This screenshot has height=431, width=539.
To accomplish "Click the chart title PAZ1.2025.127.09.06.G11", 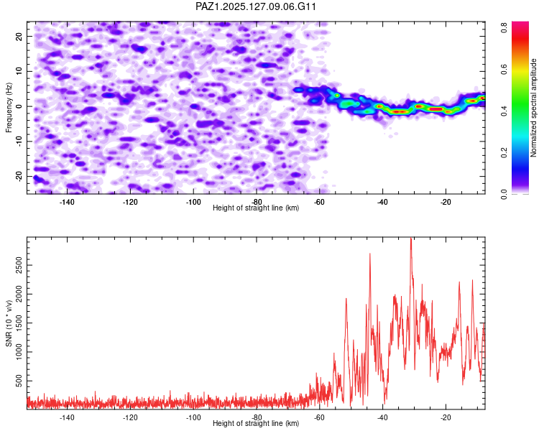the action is tap(255, 6).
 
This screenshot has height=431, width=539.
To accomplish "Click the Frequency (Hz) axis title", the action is tap(9, 108).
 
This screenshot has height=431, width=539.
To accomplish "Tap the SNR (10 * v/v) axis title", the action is tap(9, 323).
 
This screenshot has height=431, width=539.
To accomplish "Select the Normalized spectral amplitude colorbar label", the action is tap(533, 108).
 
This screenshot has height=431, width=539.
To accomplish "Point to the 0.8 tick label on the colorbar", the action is tap(505, 27).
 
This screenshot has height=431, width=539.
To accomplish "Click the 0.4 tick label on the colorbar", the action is tap(505, 111).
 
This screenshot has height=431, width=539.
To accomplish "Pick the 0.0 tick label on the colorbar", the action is tap(505, 195).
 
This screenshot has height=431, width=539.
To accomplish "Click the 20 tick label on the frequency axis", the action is tap(19, 36).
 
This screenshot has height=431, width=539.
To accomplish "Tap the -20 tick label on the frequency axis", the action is tap(19, 177).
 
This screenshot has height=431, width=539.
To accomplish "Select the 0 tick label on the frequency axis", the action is tap(19, 106).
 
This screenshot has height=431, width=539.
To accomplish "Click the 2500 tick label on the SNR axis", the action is tap(19, 265).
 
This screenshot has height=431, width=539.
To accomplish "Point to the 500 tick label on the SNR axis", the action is tap(19, 381).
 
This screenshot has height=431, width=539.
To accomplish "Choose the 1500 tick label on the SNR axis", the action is tap(19, 323).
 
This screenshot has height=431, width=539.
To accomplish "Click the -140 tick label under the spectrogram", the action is tap(67, 202).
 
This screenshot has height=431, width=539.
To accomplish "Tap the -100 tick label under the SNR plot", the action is tap(193, 417).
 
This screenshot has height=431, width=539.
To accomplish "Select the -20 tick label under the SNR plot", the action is tap(446, 417).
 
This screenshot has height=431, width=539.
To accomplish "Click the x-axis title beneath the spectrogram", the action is tap(256, 208).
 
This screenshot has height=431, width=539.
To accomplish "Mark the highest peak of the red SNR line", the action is tap(411, 238).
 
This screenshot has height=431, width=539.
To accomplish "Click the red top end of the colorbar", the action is tap(520, 23).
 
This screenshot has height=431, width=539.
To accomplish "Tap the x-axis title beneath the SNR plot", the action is tap(256, 423).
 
